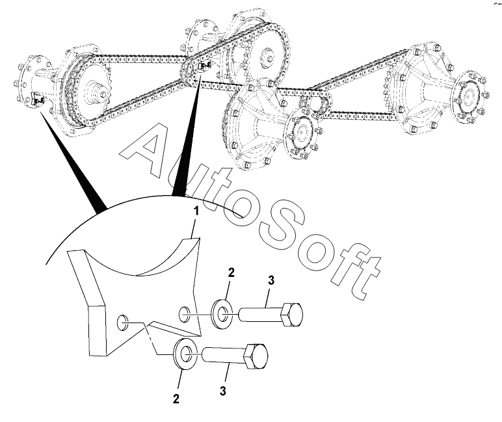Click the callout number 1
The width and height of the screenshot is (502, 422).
pyautogui.click(x=196, y=211)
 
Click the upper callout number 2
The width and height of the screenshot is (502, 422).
pyautogui.click(x=231, y=273)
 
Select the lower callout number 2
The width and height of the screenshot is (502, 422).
pyautogui.click(x=176, y=399)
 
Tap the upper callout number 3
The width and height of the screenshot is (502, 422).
pyautogui.click(x=271, y=280)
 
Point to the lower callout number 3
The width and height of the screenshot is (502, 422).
pyautogui.click(x=223, y=391)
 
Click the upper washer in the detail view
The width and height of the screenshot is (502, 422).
pyautogui.click(x=221, y=313)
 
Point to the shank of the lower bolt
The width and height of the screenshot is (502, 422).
pyautogui.click(x=224, y=355)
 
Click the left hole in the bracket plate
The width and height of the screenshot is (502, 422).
pyautogui.click(x=123, y=323)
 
